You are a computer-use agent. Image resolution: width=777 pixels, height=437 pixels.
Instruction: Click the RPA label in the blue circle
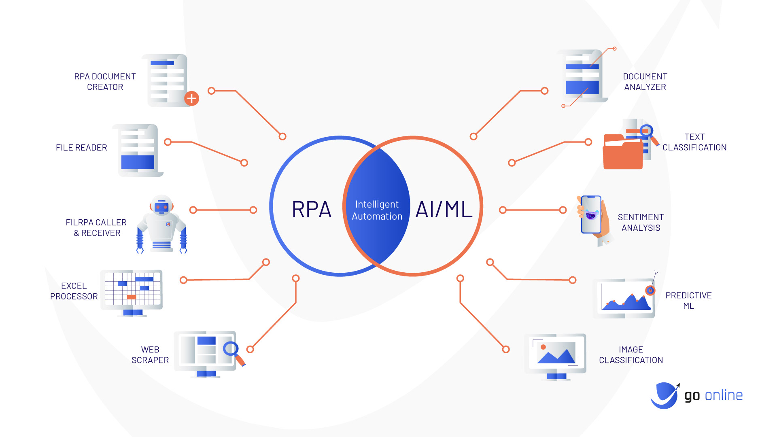click(x=311, y=209)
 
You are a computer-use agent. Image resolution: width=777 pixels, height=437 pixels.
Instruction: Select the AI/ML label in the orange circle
click(x=444, y=209)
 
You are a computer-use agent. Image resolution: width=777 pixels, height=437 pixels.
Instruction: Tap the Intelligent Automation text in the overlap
click(x=377, y=210)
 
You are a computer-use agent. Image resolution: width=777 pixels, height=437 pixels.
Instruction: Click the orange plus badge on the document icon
click(x=191, y=98)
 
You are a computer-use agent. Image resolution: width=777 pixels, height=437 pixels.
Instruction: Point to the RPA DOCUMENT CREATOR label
click(x=105, y=82)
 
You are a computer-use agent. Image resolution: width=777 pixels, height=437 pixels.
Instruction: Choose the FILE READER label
click(x=81, y=148)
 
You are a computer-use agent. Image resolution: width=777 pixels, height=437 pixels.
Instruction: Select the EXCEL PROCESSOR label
click(x=74, y=291)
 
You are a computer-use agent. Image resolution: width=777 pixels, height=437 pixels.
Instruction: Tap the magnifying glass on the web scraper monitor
click(x=231, y=348)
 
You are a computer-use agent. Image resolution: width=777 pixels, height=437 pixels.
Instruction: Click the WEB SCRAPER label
click(x=150, y=354)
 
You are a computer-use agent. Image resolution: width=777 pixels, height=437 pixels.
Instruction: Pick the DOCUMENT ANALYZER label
click(x=645, y=82)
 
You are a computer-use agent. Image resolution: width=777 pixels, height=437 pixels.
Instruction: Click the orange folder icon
click(x=622, y=154)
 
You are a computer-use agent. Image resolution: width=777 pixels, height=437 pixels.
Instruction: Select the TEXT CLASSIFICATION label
click(x=694, y=142)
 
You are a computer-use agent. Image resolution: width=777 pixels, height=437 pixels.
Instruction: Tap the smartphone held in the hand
click(x=591, y=214)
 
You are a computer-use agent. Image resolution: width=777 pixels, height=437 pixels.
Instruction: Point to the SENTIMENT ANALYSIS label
click(x=641, y=223)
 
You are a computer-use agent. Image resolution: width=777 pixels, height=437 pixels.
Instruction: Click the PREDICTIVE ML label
click(x=688, y=301)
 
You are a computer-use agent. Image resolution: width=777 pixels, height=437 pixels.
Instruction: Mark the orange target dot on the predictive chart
click(x=650, y=290)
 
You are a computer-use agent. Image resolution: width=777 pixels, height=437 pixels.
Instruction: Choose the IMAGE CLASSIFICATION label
click(x=631, y=354)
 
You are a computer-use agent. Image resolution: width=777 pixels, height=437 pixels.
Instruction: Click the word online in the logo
click(x=724, y=395)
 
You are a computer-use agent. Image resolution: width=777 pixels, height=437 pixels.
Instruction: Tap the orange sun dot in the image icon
click(x=543, y=347)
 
